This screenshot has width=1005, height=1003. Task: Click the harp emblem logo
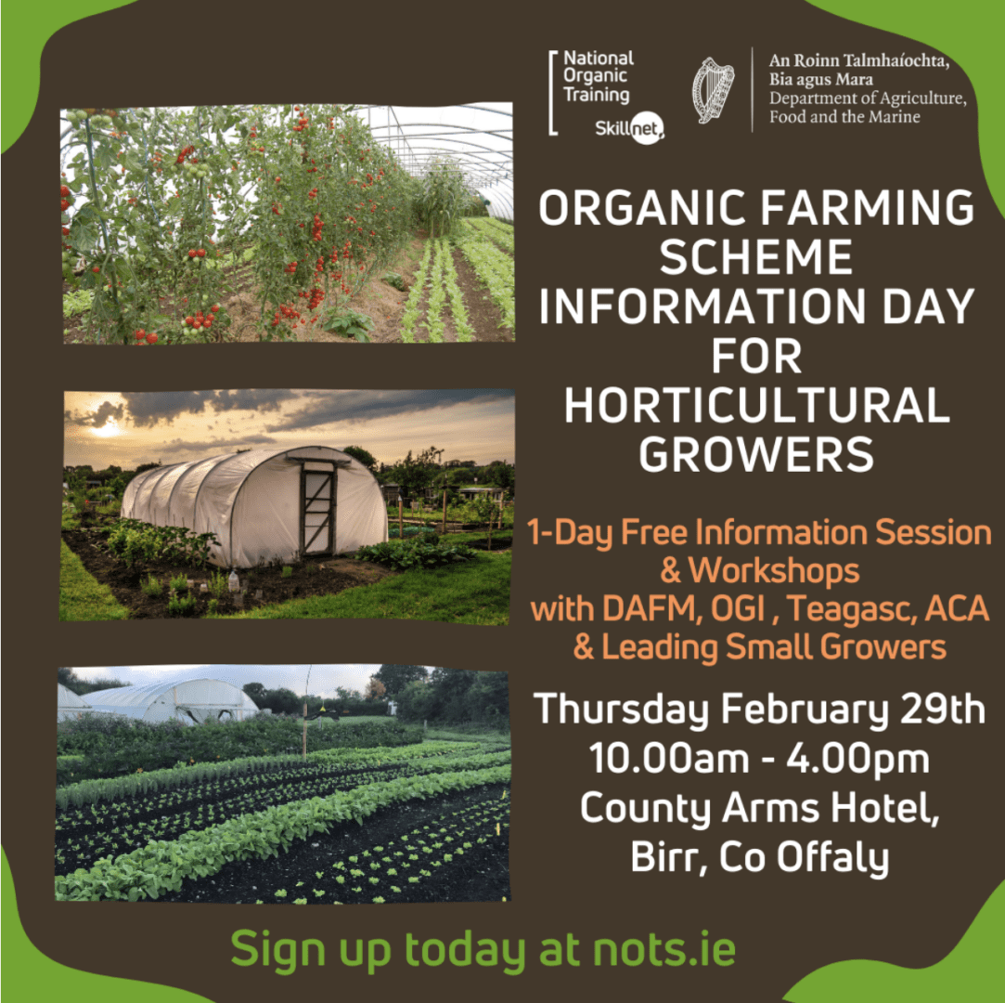pos(713,90)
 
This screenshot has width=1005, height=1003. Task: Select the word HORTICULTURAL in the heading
pos(757,406)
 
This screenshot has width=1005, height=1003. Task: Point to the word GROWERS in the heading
pos(757,455)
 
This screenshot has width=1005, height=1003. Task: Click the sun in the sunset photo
pos(103,427)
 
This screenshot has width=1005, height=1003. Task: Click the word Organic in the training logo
pos(595,77)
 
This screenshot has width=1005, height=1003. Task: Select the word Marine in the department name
pos(890,117)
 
